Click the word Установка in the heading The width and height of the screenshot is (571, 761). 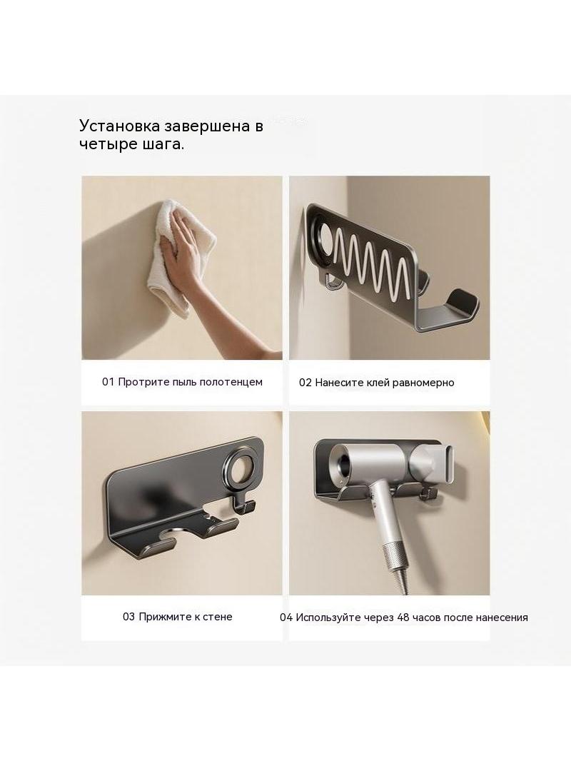pyautogui.click(x=120, y=126)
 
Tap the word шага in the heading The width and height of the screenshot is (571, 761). pyautogui.click(x=161, y=145)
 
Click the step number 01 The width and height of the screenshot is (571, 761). pyautogui.click(x=108, y=382)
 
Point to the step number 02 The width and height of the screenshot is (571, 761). pyautogui.click(x=305, y=383)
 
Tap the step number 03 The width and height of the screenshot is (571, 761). pyautogui.click(x=129, y=617)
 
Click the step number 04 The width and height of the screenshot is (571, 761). pyautogui.click(x=286, y=618)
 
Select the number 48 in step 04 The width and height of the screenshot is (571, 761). pyautogui.click(x=403, y=618)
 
